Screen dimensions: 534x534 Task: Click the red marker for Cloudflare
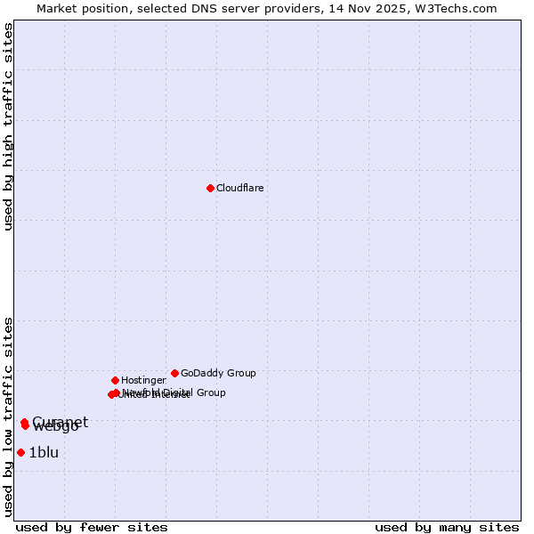(210, 188)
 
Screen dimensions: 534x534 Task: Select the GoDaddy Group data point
(174, 373)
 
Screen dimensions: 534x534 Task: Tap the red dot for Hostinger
(115, 380)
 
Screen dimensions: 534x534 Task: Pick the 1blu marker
(20, 452)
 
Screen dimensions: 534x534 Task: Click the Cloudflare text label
(240, 188)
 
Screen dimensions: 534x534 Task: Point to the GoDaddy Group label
(218, 373)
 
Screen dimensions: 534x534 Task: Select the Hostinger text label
(143, 380)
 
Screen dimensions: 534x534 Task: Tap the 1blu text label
(44, 452)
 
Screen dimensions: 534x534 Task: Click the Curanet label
(61, 421)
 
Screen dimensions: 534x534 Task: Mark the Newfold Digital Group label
(174, 392)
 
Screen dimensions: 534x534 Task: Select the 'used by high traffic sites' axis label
(8, 127)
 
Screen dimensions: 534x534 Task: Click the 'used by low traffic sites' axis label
(8, 416)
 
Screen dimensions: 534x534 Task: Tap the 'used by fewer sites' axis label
(92, 527)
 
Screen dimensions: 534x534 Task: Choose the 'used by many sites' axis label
(447, 527)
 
